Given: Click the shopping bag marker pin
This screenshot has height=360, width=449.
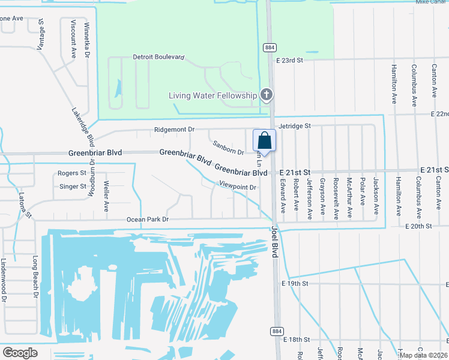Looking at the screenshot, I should point(264,142).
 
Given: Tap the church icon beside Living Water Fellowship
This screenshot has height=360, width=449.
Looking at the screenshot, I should point(267,95).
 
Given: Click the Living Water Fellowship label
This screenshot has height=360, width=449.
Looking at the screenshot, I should point(213,95).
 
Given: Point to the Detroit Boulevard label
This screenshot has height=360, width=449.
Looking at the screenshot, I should point(158,58).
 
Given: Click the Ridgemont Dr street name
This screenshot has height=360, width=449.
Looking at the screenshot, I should point(175,129).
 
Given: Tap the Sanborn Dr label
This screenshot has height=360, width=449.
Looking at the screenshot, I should point(228,148).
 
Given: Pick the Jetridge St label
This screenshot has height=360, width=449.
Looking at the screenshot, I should point(294,126).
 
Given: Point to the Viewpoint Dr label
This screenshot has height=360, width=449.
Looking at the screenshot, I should point(238,187).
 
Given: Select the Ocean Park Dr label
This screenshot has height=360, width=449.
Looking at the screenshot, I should point(148,220).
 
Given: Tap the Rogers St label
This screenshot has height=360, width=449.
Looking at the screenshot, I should point(72,173).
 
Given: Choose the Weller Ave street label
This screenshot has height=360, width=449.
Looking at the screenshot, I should point(106,197).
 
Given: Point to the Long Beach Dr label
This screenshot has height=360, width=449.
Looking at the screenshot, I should point(35,277).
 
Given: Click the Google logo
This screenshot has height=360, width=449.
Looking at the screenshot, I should point(20,353).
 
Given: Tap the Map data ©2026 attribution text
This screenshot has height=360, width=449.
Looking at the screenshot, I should point(423,355).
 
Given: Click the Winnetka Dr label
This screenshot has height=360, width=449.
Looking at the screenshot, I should point(87,41).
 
